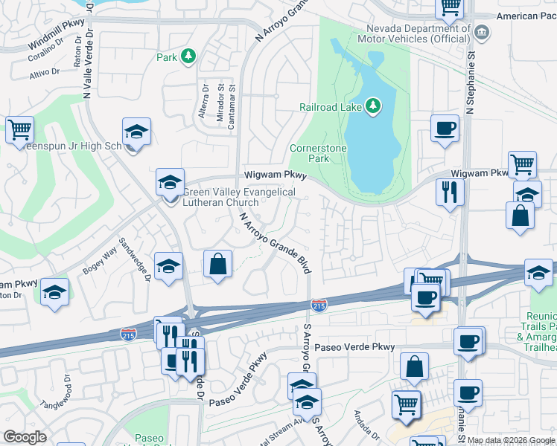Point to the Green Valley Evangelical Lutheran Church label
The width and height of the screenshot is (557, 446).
click(240, 197)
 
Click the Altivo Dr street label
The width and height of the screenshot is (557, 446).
click(44, 73)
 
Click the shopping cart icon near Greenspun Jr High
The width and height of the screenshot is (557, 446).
click(19, 129)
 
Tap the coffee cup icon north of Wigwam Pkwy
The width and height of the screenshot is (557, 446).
click(445, 127)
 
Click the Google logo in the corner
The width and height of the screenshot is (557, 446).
click(25, 437)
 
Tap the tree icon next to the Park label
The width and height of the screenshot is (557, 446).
click(189, 56)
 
